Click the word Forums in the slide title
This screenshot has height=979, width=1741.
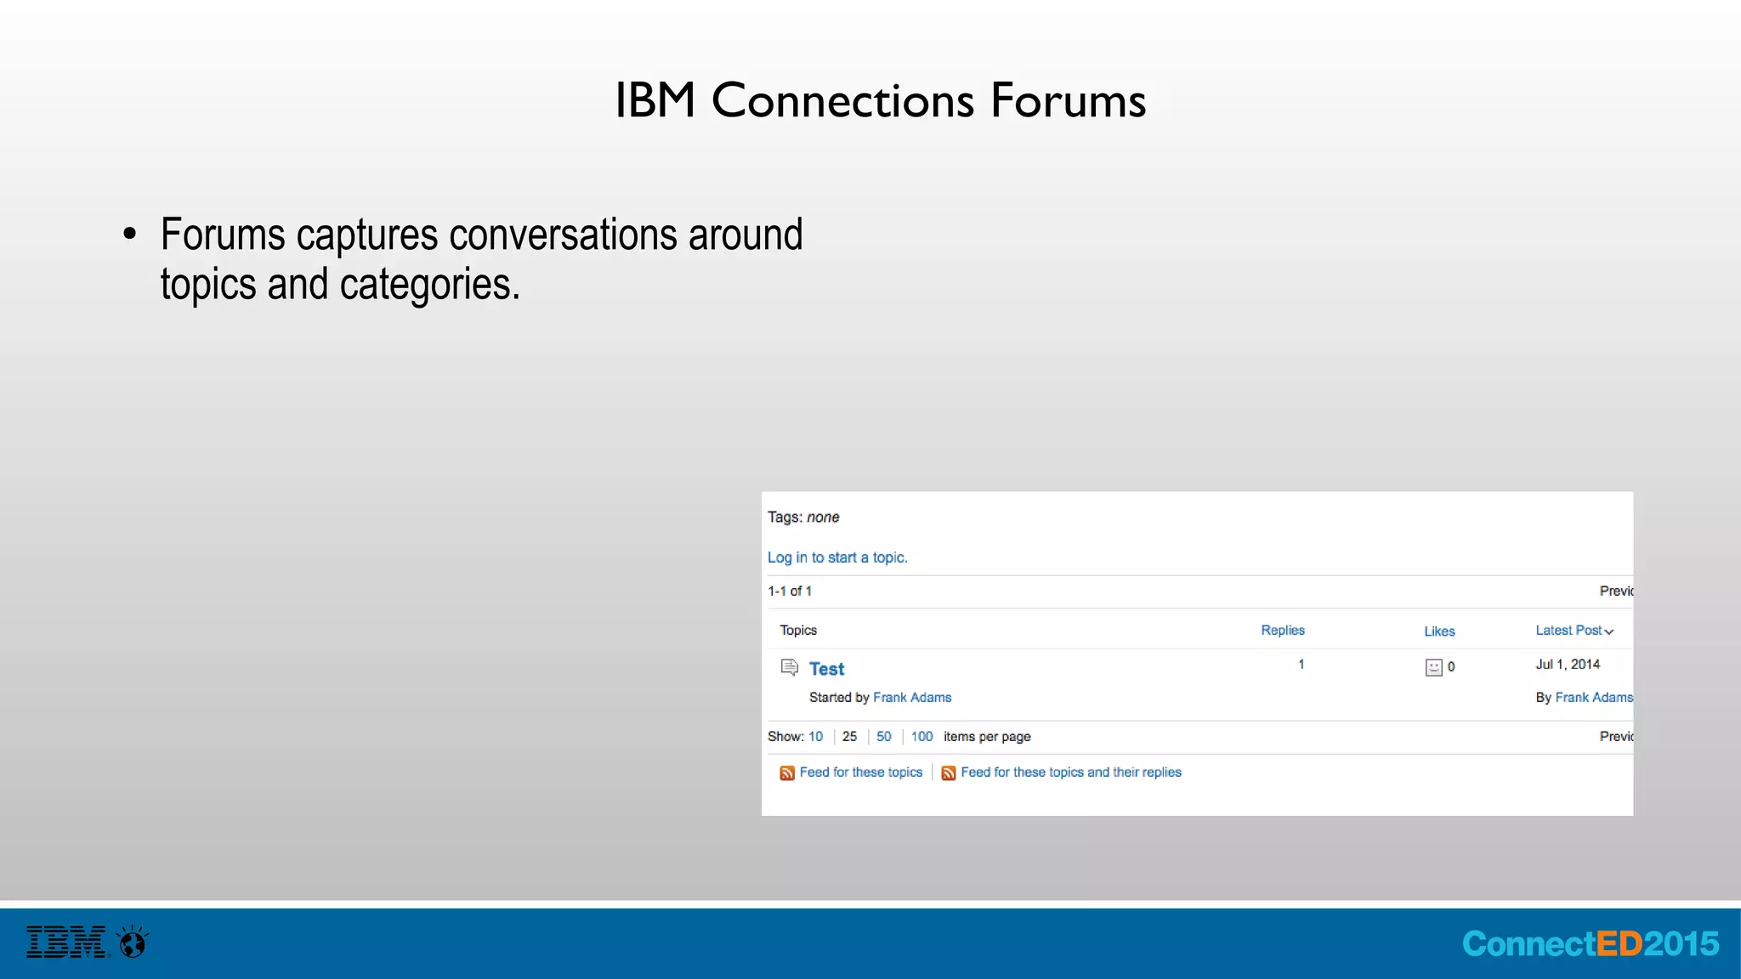pyautogui.click(x=1068, y=100)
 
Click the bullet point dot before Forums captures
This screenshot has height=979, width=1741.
pyautogui.click(x=129, y=234)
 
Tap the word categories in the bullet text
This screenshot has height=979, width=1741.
pyautogui.click(x=429, y=285)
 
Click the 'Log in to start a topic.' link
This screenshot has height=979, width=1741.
pyautogui.click(x=837, y=557)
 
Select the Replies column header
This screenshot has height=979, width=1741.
pyautogui.click(x=1282, y=631)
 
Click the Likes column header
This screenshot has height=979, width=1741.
pyautogui.click(x=1439, y=631)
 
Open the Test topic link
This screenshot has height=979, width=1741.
pyautogui.click(x=826, y=669)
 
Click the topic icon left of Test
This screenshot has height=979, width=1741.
pyautogui.click(x=790, y=667)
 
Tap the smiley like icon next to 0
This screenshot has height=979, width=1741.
pyautogui.click(x=1434, y=668)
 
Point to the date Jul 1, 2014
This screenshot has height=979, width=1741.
pyautogui.click(x=1568, y=665)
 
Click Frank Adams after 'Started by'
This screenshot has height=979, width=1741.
pyautogui.click(x=912, y=698)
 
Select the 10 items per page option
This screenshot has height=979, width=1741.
pyautogui.click(x=815, y=737)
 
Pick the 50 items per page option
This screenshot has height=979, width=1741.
pyautogui.click(x=884, y=737)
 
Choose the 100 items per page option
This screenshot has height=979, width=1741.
pyautogui.click(x=922, y=737)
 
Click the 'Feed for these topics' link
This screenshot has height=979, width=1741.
pyautogui.click(x=860, y=772)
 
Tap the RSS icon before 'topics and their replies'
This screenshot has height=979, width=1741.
pyautogui.click(x=949, y=772)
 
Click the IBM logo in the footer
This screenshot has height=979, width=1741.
pyautogui.click(x=66, y=942)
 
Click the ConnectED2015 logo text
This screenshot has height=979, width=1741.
pyautogui.click(x=1590, y=944)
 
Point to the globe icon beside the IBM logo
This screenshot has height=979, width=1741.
pyautogui.click(x=133, y=942)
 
